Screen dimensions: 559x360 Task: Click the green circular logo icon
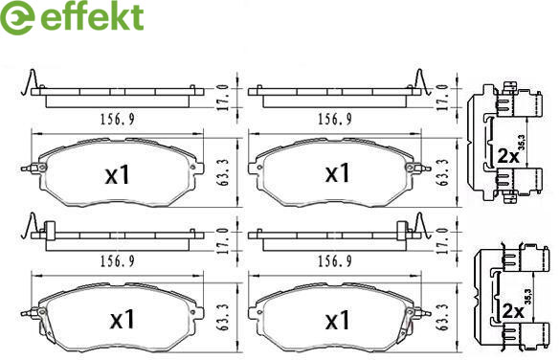tap(17, 17)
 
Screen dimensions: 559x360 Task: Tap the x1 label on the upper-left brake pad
tap(118, 175)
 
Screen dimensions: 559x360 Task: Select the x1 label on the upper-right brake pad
tap(337, 173)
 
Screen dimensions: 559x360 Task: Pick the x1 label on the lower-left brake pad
tap(123, 319)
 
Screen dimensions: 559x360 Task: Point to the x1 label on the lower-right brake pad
tap(337, 320)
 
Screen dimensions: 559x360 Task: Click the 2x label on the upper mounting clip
tap(508, 156)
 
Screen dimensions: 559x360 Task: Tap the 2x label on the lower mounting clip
tap(513, 311)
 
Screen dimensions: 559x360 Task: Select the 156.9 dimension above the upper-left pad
tap(118, 119)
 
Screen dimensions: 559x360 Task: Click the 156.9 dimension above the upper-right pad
tap(335, 119)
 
